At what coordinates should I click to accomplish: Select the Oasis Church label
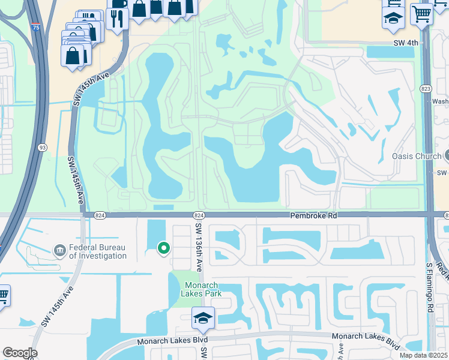pos(417,156)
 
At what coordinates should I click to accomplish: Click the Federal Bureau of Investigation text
pos(98,251)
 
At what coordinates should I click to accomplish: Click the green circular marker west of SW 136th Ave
pos(163,247)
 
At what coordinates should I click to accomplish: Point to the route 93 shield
pos(43,147)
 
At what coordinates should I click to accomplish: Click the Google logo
pos(20,353)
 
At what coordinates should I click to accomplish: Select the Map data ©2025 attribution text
pos(423,355)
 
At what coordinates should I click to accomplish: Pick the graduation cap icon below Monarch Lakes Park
pos(203,318)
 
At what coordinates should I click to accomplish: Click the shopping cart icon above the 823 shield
pos(422,13)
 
